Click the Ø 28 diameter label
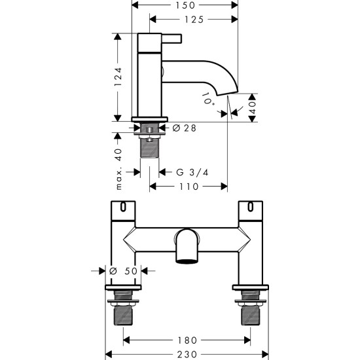pyautogui.click(x=185, y=128)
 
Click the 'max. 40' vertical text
pyautogui.click(x=118, y=169)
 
